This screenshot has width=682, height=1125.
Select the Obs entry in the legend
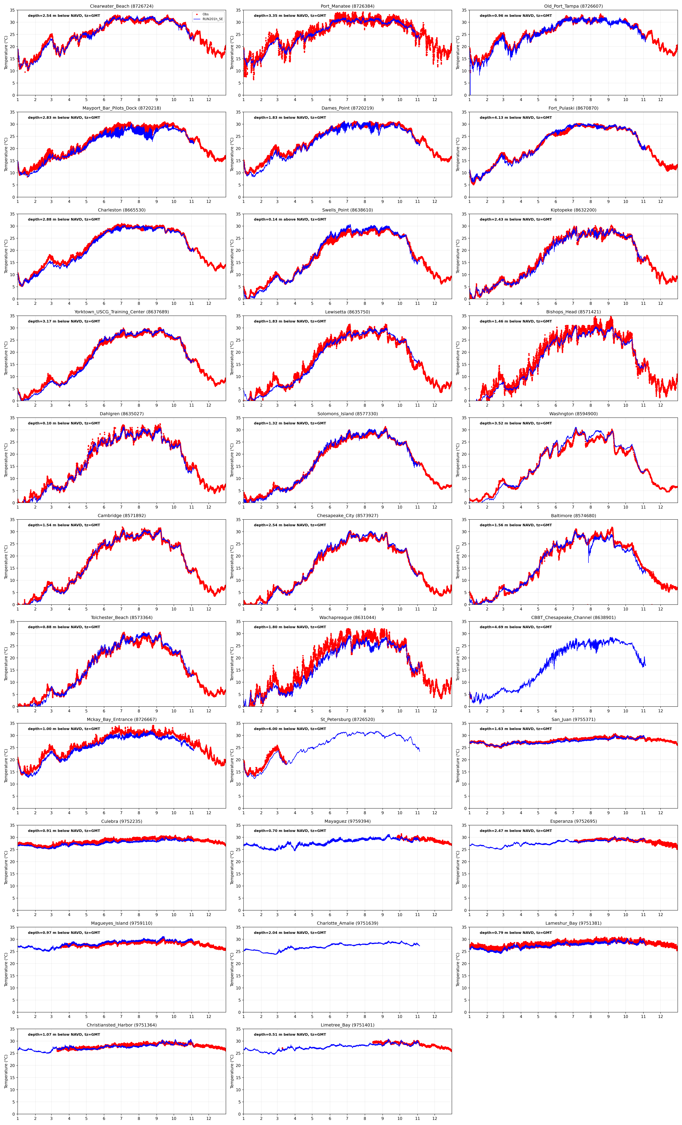click(x=206, y=14)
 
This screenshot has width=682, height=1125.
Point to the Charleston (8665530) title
click(x=122, y=210)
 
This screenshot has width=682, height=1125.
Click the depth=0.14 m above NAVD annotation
click(x=290, y=220)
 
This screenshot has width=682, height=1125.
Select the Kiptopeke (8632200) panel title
click(x=573, y=210)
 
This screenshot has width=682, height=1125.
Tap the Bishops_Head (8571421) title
click(x=573, y=312)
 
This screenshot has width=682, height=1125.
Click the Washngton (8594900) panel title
click(x=573, y=414)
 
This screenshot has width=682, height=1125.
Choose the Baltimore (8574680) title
click(x=573, y=515)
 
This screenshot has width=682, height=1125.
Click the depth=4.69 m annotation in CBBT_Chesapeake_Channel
click(x=516, y=627)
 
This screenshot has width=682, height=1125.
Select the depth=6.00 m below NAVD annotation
click(x=290, y=729)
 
